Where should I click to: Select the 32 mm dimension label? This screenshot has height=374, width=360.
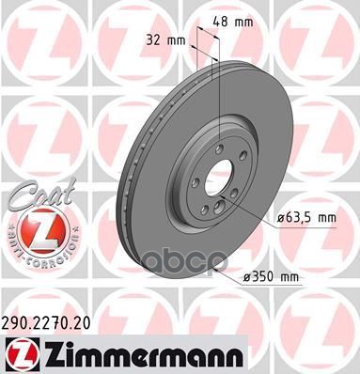click(165, 41)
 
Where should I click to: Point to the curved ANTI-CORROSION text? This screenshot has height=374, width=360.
click(36, 254)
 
